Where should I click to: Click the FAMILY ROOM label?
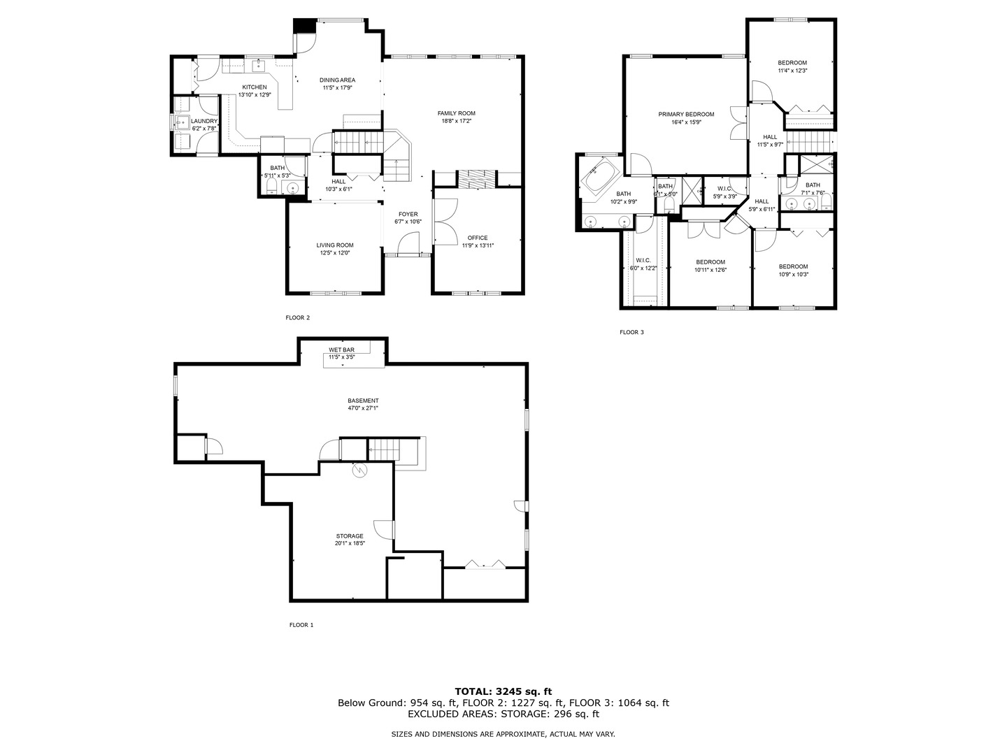[x=456, y=113]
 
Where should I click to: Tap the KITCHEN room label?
[x=254, y=87]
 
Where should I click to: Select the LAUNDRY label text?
[x=205, y=121]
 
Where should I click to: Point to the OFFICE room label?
[x=478, y=238]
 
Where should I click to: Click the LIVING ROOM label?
[x=335, y=245]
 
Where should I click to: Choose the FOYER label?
[x=408, y=214]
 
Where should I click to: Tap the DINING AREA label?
[x=337, y=80]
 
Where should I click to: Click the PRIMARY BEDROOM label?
[x=686, y=114]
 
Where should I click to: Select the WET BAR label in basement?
[x=341, y=350]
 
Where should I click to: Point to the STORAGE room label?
[x=350, y=536]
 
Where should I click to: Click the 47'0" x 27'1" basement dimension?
[x=363, y=408]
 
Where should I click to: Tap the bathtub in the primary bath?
[x=599, y=178]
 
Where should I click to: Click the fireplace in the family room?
[x=476, y=179]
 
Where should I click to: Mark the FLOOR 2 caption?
[x=297, y=317]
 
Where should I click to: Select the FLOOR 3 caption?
[x=631, y=332]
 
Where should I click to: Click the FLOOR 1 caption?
[x=301, y=625]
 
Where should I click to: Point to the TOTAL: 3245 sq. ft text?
[x=503, y=691]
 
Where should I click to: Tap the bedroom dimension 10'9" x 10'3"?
[x=794, y=274]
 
